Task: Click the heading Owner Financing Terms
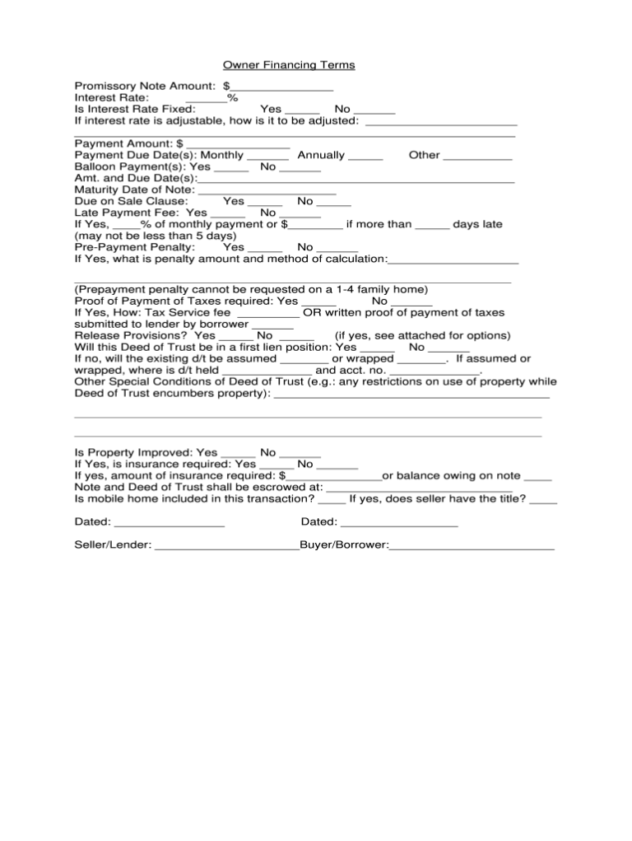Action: pos(289,64)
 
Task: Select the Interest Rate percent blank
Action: pos(211,97)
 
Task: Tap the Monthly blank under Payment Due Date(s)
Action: pos(267,155)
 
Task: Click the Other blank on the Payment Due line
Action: pos(482,155)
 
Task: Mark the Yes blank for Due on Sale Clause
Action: pos(265,201)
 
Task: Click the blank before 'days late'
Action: pos(432,224)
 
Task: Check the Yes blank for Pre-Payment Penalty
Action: pos(265,247)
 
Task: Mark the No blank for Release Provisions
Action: pos(296,336)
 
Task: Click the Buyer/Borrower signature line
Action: pos(472,545)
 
